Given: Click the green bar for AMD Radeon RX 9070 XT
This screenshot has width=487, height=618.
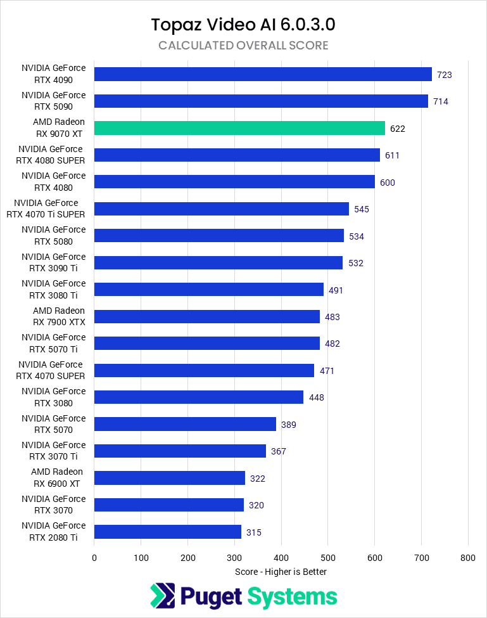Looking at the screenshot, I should [239, 128].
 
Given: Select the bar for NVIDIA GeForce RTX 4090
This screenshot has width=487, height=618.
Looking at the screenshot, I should [263, 74].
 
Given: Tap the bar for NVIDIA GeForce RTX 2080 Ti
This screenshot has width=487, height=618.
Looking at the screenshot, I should [168, 532].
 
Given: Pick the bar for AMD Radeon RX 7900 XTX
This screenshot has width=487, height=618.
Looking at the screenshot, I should [206, 316].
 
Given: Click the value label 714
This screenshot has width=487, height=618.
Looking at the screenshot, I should [441, 101].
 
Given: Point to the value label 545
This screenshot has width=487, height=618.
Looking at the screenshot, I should [362, 209].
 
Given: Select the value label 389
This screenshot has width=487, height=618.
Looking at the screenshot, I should [289, 425].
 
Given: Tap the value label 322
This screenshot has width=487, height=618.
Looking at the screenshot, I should [257, 479].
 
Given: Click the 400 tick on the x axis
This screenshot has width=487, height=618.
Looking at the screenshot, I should [281, 558].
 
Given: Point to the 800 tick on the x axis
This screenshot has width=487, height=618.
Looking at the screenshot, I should [468, 558].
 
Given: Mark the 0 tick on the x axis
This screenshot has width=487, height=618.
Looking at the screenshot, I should [94, 558].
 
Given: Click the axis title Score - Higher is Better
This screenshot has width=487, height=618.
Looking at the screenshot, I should [281, 572].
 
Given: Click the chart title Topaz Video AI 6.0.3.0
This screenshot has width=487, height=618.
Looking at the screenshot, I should [243, 25].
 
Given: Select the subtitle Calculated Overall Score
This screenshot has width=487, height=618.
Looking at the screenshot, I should [243, 46].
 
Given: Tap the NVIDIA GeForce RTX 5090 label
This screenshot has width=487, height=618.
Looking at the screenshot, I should [53, 101].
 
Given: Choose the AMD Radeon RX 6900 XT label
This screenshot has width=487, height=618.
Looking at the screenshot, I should [57, 478].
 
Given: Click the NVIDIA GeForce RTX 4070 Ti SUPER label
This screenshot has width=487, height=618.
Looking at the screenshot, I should [50, 209].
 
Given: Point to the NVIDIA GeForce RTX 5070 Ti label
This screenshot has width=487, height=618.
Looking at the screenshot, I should [53, 343].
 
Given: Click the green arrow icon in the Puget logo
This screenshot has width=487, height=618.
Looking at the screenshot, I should [162, 596].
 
